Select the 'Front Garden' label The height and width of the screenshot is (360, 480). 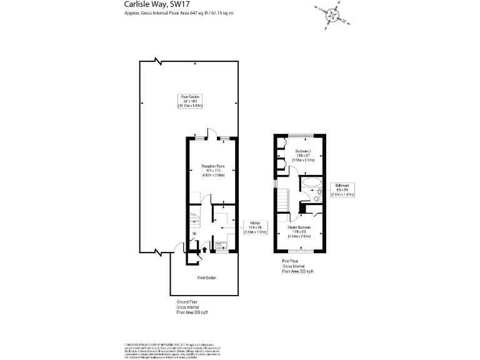[207, 277]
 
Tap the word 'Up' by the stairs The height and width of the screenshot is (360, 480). [194, 234]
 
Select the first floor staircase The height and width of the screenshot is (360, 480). [284, 201]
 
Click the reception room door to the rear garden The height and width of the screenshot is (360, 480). [212, 136]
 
